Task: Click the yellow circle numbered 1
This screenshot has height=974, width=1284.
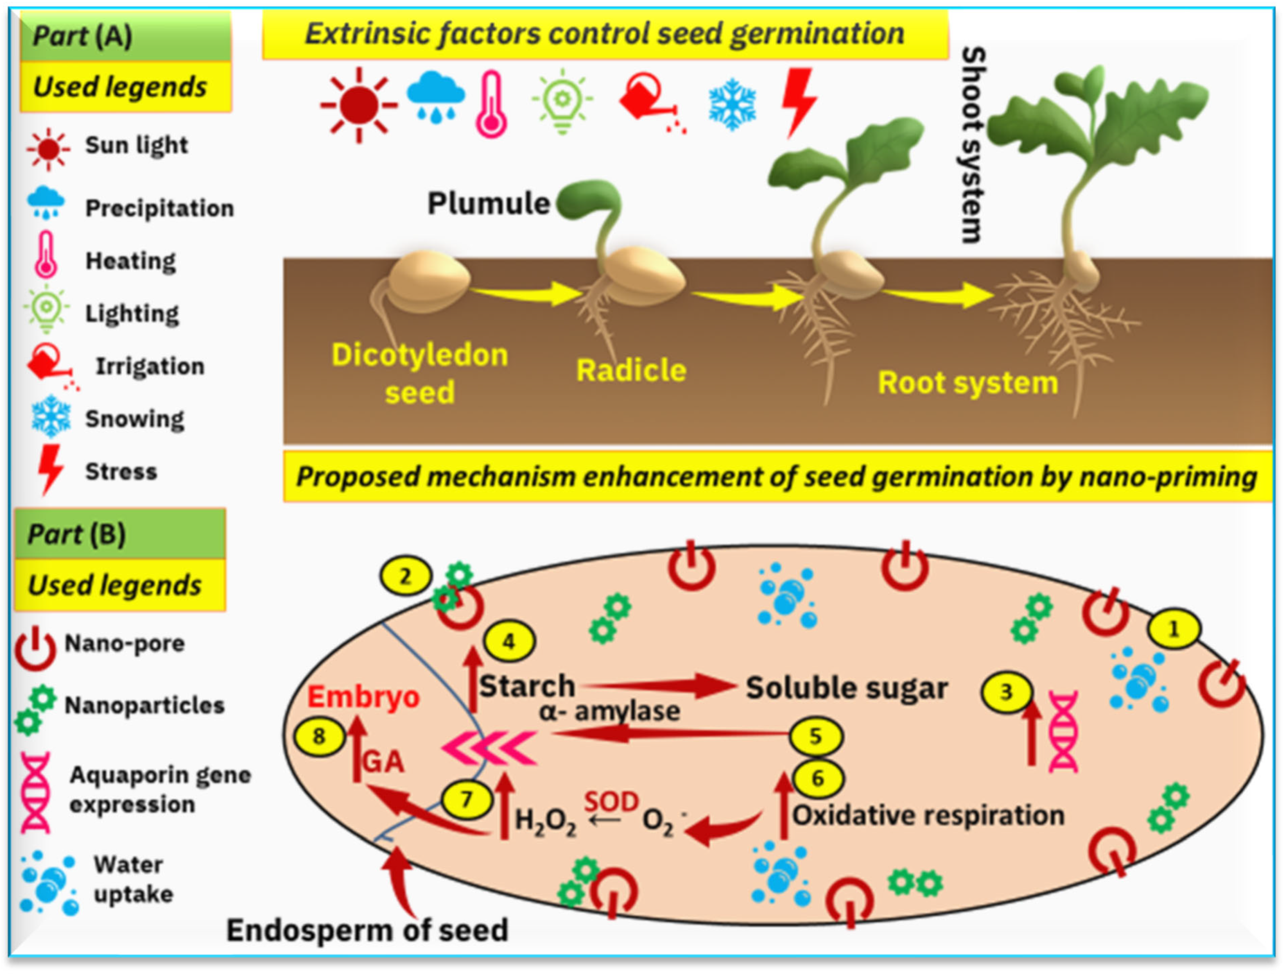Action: coord(1174,629)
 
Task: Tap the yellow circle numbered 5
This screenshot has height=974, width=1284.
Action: coord(815,736)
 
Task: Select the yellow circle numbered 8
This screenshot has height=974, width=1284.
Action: coord(319,736)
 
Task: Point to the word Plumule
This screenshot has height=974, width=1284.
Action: coord(488,204)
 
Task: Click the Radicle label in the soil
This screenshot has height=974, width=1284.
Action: coord(631,370)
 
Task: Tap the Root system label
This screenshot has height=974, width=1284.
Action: coord(968,383)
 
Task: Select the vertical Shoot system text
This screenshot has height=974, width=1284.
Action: coord(973,145)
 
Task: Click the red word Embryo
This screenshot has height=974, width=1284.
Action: coord(363,697)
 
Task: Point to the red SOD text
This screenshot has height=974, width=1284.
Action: coord(611,802)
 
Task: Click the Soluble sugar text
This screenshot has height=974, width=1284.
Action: coord(846,688)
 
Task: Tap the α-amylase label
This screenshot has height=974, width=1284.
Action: coord(609,711)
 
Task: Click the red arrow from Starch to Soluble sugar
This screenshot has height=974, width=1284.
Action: coord(659,686)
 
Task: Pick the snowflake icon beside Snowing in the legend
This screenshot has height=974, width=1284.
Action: coord(51,417)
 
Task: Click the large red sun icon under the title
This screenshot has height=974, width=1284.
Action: coord(359,105)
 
